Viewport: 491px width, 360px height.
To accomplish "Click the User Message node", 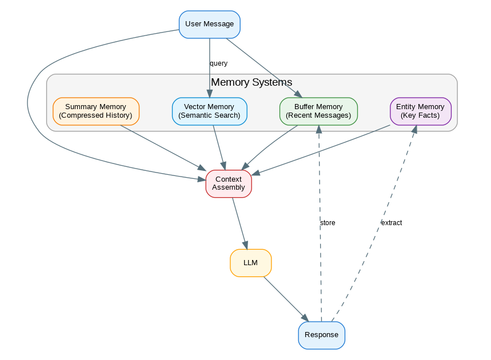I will pyautogui.click(x=209, y=24).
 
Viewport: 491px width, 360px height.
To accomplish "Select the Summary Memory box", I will pyautogui.click(x=95, y=111).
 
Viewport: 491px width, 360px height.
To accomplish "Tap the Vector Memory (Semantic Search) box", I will pyautogui.click(x=209, y=111).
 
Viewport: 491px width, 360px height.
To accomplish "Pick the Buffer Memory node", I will pyautogui.click(x=318, y=111).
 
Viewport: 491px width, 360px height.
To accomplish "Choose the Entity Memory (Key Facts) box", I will pyautogui.click(x=420, y=111).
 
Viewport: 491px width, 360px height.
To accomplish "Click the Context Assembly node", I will pyautogui.click(x=228, y=183).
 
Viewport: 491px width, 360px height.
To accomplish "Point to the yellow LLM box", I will pyautogui.click(x=250, y=263).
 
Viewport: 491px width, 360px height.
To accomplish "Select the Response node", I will pyautogui.click(x=321, y=335).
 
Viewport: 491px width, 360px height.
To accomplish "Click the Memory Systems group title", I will pyautogui.click(x=252, y=82).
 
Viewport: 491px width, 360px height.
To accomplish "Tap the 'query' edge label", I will pyautogui.click(x=218, y=63).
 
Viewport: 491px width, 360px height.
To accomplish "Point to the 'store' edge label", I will pyautogui.click(x=328, y=223).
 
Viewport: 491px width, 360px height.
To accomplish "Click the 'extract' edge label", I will pyautogui.click(x=392, y=223).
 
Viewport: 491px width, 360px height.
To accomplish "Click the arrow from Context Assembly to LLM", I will pyautogui.click(x=239, y=223).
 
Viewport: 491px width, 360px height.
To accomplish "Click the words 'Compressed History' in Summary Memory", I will pyautogui.click(x=95, y=115).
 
